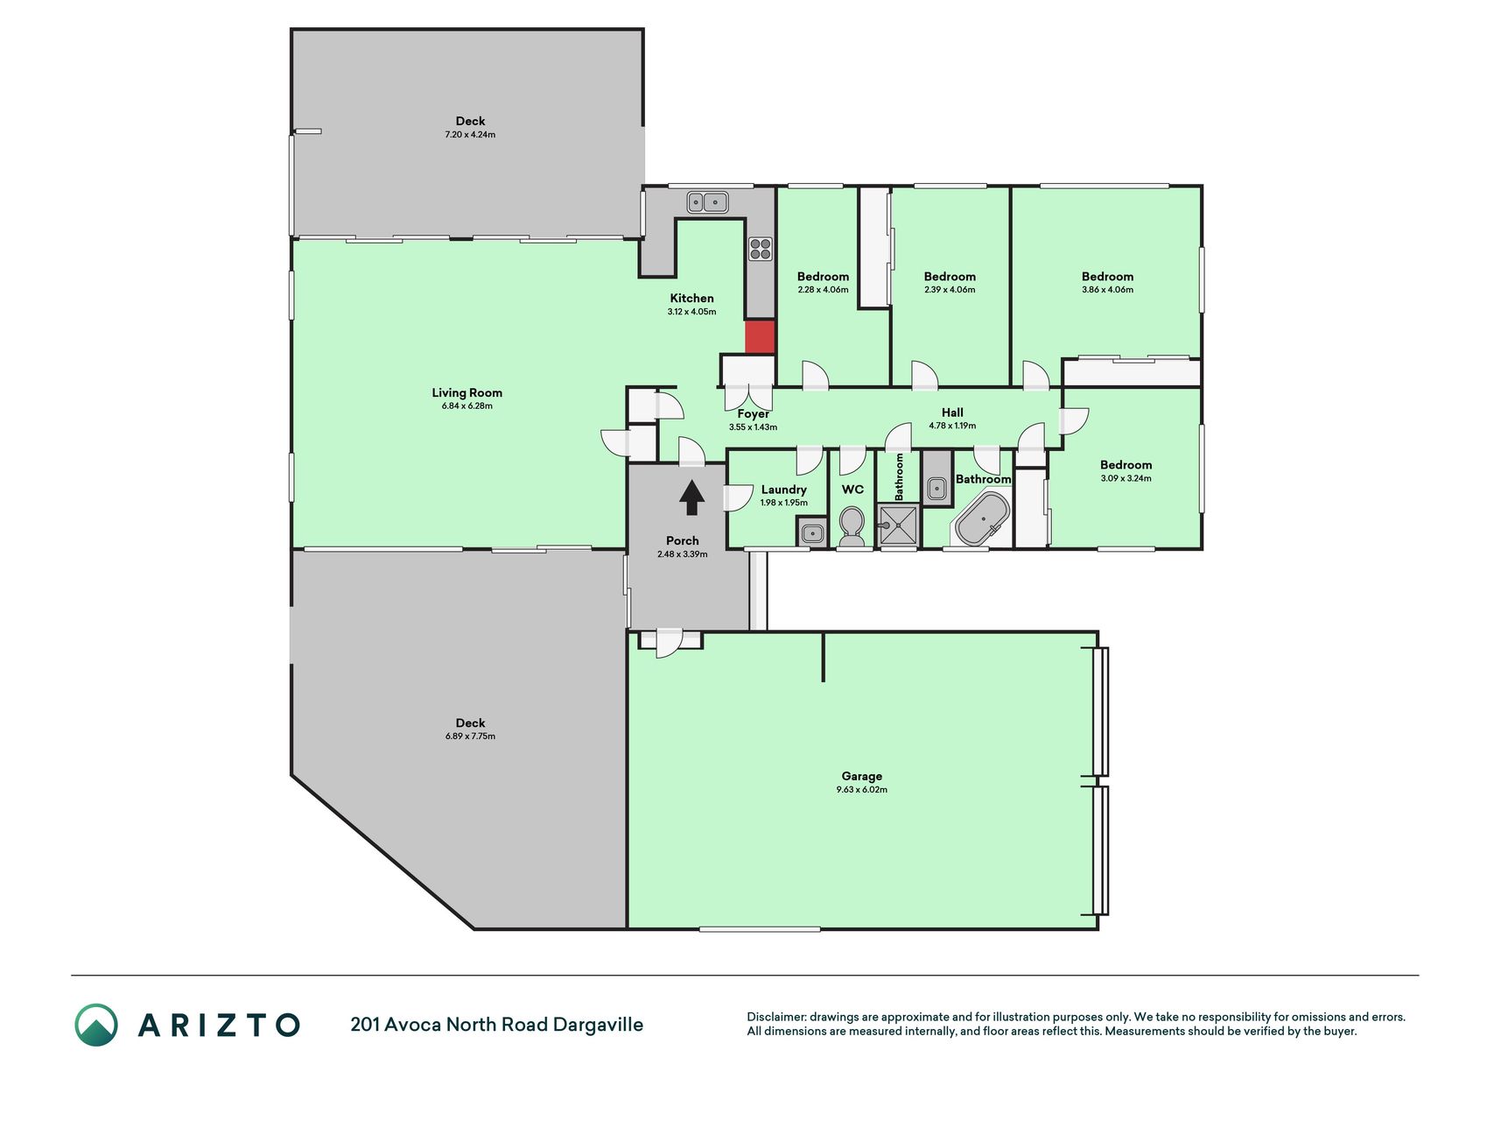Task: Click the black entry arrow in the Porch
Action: [692, 497]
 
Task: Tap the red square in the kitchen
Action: [760, 337]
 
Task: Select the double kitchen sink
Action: [707, 202]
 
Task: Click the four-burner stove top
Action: [760, 249]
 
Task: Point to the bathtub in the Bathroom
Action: [982, 518]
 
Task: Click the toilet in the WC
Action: [852, 526]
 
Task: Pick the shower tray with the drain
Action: [898, 525]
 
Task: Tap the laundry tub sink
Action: [812, 532]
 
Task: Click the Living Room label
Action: [467, 393]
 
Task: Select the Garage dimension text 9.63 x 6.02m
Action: [862, 790]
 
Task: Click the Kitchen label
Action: [692, 299]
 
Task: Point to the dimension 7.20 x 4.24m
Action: [470, 135]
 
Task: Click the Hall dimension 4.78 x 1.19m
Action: [952, 427]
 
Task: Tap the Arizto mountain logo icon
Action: [96, 1025]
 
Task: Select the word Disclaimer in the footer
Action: [775, 1018]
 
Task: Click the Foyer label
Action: [754, 414]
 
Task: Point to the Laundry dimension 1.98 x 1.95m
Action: [784, 504]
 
